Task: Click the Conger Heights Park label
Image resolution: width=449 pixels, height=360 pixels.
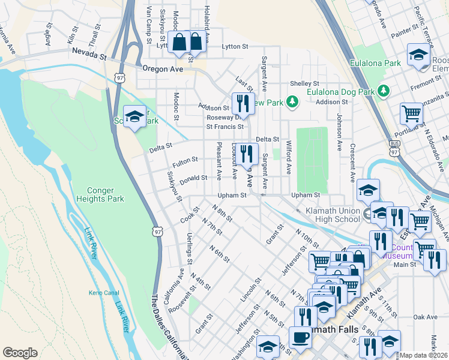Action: (95, 194)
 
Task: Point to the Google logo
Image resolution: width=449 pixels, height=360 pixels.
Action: (20, 353)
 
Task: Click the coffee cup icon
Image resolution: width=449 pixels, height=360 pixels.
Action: (300, 337)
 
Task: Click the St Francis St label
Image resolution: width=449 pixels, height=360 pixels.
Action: (225, 127)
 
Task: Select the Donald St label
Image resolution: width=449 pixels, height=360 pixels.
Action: (193, 178)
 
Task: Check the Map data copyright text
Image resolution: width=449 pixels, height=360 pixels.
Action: (424, 355)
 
